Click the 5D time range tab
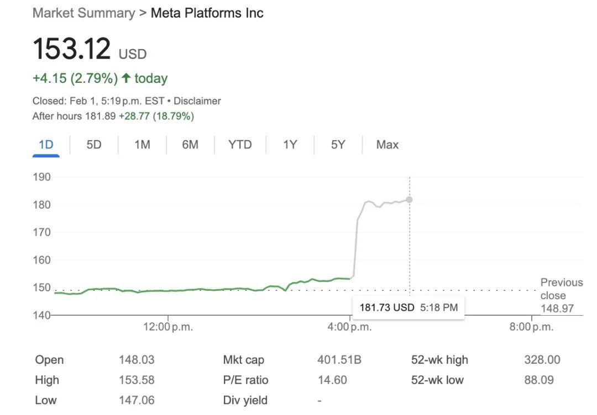(x=94, y=145)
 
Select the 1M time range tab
(x=142, y=145)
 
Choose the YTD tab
(x=240, y=145)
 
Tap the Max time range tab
(x=387, y=145)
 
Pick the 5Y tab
(x=338, y=145)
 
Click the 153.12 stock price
(x=72, y=50)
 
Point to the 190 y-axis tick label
(x=42, y=177)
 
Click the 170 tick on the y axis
(x=42, y=232)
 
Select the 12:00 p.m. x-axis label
(x=168, y=327)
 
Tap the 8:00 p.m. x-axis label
(x=531, y=327)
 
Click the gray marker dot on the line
(x=409, y=200)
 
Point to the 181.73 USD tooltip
(x=409, y=307)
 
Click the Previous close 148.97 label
(x=561, y=295)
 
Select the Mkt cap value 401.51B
(x=339, y=360)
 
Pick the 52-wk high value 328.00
(x=542, y=360)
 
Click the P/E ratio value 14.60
(x=332, y=380)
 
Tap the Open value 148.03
(x=137, y=360)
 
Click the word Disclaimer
(x=197, y=101)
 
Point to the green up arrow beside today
(x=126, y=78)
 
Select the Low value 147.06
(x=137, y=400)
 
